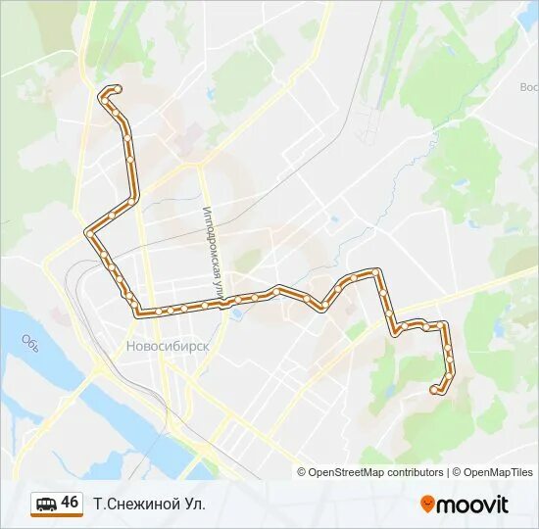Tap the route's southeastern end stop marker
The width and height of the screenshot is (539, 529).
click(433, 390)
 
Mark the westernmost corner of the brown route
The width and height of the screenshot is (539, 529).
click(88, 232)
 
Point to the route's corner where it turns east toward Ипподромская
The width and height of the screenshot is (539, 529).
click(137, 312)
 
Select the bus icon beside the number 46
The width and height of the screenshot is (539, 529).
click(44, 504)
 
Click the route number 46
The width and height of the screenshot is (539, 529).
click(70, 503)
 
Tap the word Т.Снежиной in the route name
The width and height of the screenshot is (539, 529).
click(135, 504)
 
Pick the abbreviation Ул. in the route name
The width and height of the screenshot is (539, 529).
click(194, 504)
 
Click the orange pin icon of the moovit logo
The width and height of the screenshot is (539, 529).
click(428, 504)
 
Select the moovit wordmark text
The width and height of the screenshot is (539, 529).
click(473, 505)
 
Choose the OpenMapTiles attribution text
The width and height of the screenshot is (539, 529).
click(499, 472)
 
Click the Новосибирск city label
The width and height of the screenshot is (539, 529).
click(168, 346)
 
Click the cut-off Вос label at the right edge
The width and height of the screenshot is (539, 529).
click(528, 86)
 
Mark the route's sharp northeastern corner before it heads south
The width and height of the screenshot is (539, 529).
click(377, 271)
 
